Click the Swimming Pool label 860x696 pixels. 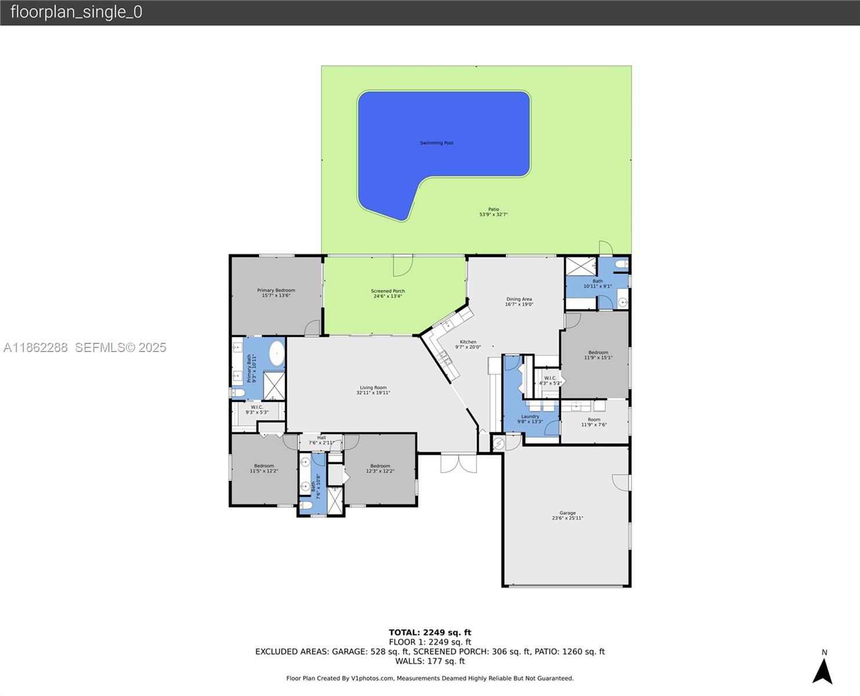click(436, 143)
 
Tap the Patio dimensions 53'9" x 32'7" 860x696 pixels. click(493, 215)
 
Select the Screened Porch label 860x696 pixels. click(388, 291)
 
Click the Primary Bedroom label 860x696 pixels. click(276, 291)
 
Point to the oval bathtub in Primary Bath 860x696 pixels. click(276, 353)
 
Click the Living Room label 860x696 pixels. click(373, 388)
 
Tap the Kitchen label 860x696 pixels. click(468, 342)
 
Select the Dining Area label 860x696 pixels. click(519, 299)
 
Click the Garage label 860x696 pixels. click(567, 513)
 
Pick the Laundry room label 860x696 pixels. click(530, 416)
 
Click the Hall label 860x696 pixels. click(321, 438)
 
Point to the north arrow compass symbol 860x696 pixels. click(822, 670)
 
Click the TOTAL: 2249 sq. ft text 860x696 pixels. click(429, 632)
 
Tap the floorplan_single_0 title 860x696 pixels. click(76, 12)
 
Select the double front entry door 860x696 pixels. click(458, 463)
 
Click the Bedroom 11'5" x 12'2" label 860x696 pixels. click(264, 466)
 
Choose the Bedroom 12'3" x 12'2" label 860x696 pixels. click(380, 466)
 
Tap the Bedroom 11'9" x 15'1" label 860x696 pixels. click(598, 353)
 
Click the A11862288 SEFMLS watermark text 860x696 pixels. click(85, 347)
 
